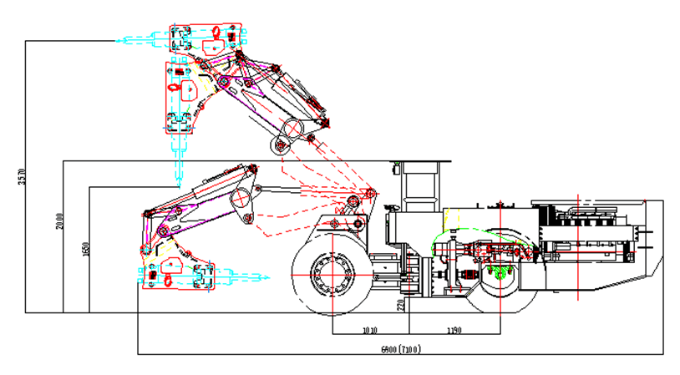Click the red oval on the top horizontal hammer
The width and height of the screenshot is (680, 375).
215,32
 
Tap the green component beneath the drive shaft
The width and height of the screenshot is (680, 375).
500,273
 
